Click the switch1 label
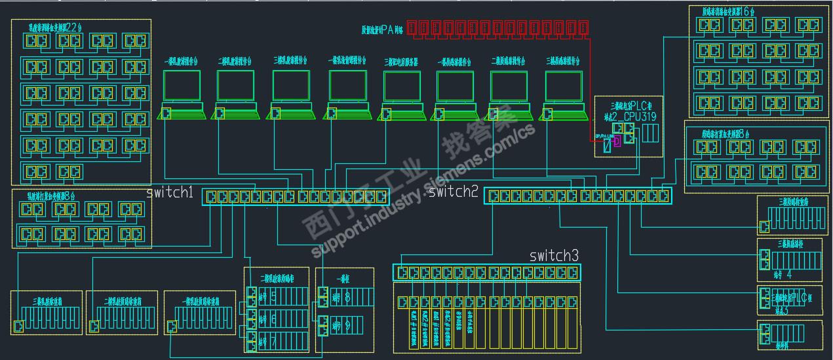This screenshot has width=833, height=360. (x=169, y=193)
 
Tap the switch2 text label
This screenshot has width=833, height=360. (x=454, y=191)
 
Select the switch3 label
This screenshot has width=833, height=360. (x=554, y=255)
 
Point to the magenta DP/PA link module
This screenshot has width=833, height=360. (x=616, y=141)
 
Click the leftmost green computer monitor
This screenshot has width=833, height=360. (x=182, y=86)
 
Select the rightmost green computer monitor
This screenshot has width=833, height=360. (x=564, y=86)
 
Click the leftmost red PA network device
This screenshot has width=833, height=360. (x=412, y=28)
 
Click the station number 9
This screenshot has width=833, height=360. (x=347, y=325)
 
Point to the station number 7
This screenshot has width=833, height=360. (x=273, y=340)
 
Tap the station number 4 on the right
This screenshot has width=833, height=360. (x=788, y=274)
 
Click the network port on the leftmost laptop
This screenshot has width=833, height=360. (x=166, y=113)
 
